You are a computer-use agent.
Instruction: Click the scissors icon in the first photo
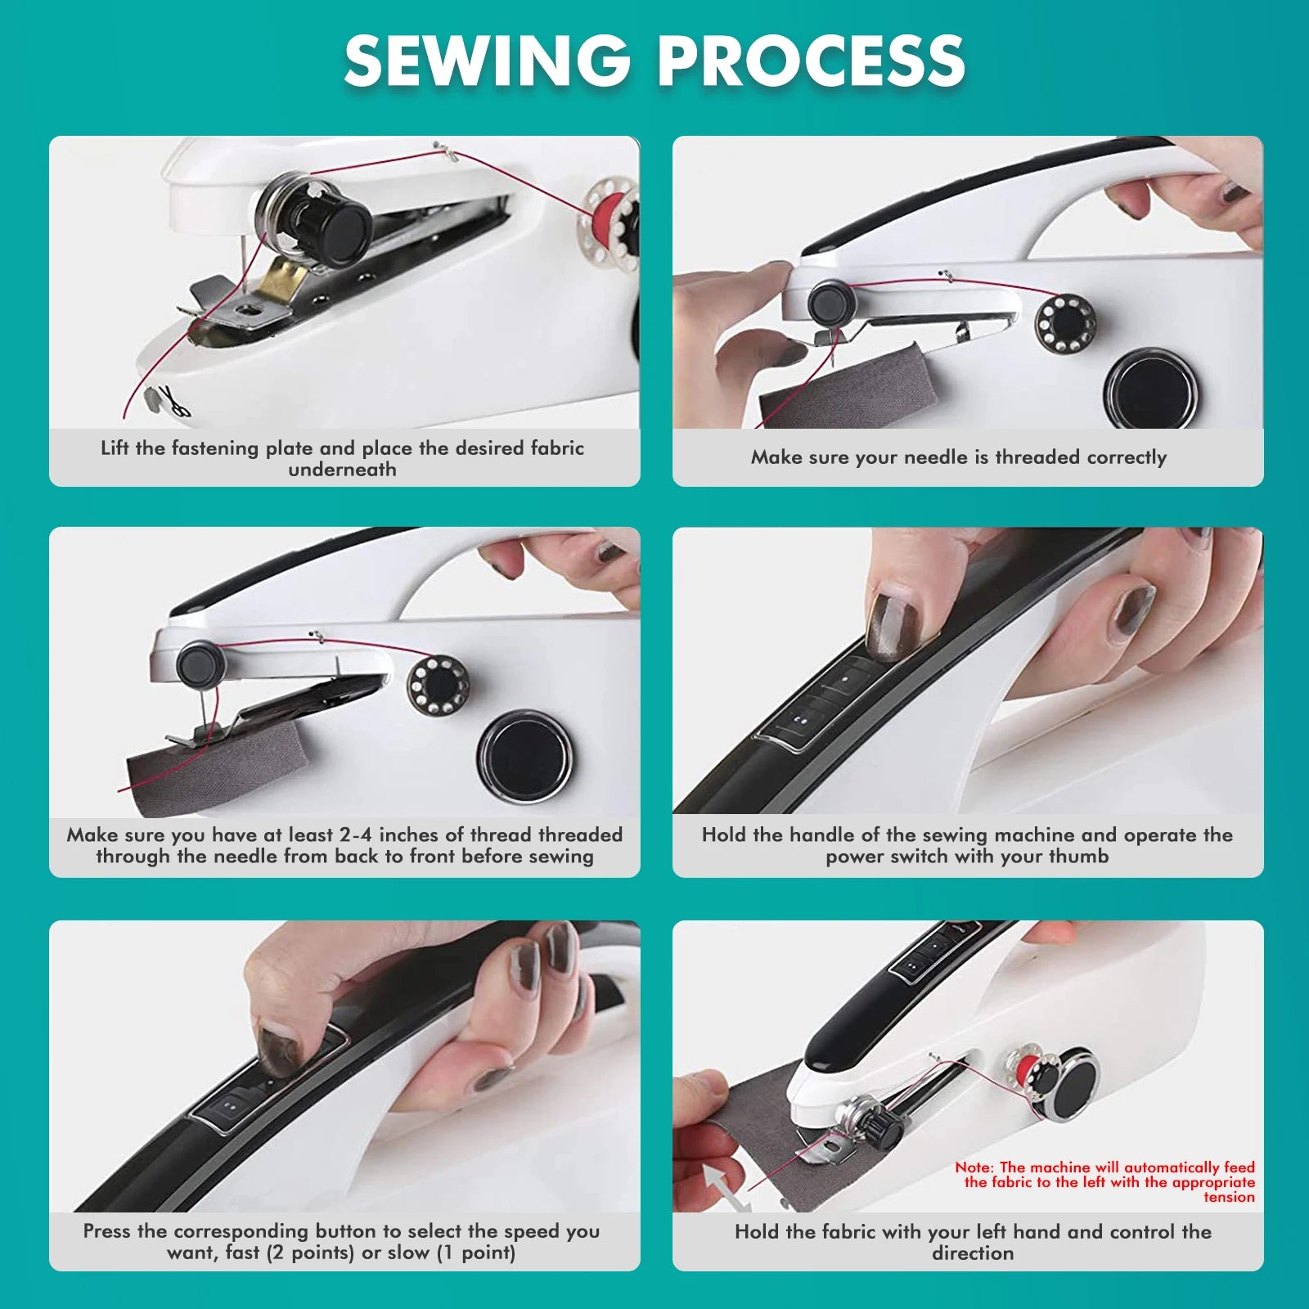click(x=173, y=401)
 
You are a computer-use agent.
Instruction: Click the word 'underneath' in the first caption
click(x=342, y=470)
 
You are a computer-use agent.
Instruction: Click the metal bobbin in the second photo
click(x=1065, y=323)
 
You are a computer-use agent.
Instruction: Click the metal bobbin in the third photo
click(x=439, y=685)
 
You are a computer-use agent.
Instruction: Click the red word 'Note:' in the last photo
click(x=974, y=1167)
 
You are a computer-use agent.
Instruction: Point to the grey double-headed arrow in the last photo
click(x=727, y=1187)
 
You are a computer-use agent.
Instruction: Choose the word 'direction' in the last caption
click(x=972, y=1253)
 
